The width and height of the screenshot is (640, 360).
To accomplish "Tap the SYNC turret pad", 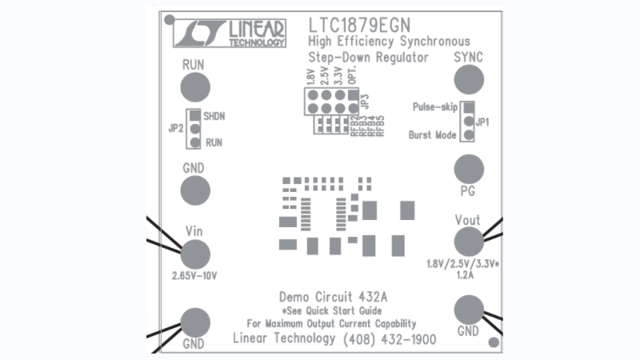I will [x=469, y=80].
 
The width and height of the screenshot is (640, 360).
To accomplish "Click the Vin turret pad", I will [x=195, y=254].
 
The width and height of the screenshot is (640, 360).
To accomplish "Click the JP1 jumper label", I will [x=482, y=122].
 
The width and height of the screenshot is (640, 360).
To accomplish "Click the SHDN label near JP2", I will [x=214, y=116].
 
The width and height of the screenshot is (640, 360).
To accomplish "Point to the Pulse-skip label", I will [x=434, y=107].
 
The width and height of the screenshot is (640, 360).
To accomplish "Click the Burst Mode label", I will [x=432, y=136].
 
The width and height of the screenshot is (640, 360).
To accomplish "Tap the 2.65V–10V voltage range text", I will [x=194, y=276].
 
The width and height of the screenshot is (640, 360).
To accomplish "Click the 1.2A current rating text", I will [x=465, y=275].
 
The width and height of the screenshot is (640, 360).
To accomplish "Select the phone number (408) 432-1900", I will [x=389, y=340].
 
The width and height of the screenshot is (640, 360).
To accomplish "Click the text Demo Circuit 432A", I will [x=334, y=296].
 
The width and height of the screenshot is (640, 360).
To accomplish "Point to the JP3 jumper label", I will [x=365, y=102].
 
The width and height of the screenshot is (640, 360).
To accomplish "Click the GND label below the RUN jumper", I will [x=194, y=168].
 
